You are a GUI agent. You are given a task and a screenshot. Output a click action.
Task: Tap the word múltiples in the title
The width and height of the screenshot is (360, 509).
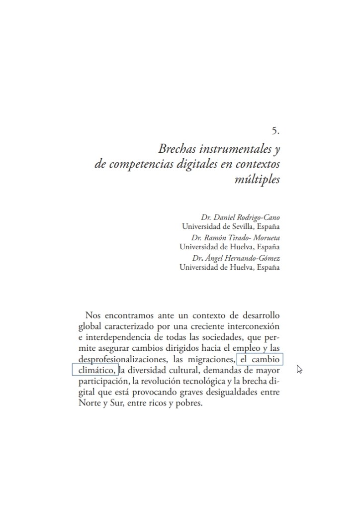(x=257, y=180)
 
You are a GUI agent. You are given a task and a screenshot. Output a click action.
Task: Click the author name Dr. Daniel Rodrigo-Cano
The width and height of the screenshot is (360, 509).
(x=240, y=217)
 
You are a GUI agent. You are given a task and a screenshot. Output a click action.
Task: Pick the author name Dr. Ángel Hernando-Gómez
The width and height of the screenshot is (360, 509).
(x=236, y=258)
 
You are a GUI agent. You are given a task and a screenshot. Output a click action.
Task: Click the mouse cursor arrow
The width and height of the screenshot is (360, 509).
(x=299, y=369)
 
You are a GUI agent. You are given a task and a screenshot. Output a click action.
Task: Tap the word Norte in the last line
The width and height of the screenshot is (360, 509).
(x=90, y=404)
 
